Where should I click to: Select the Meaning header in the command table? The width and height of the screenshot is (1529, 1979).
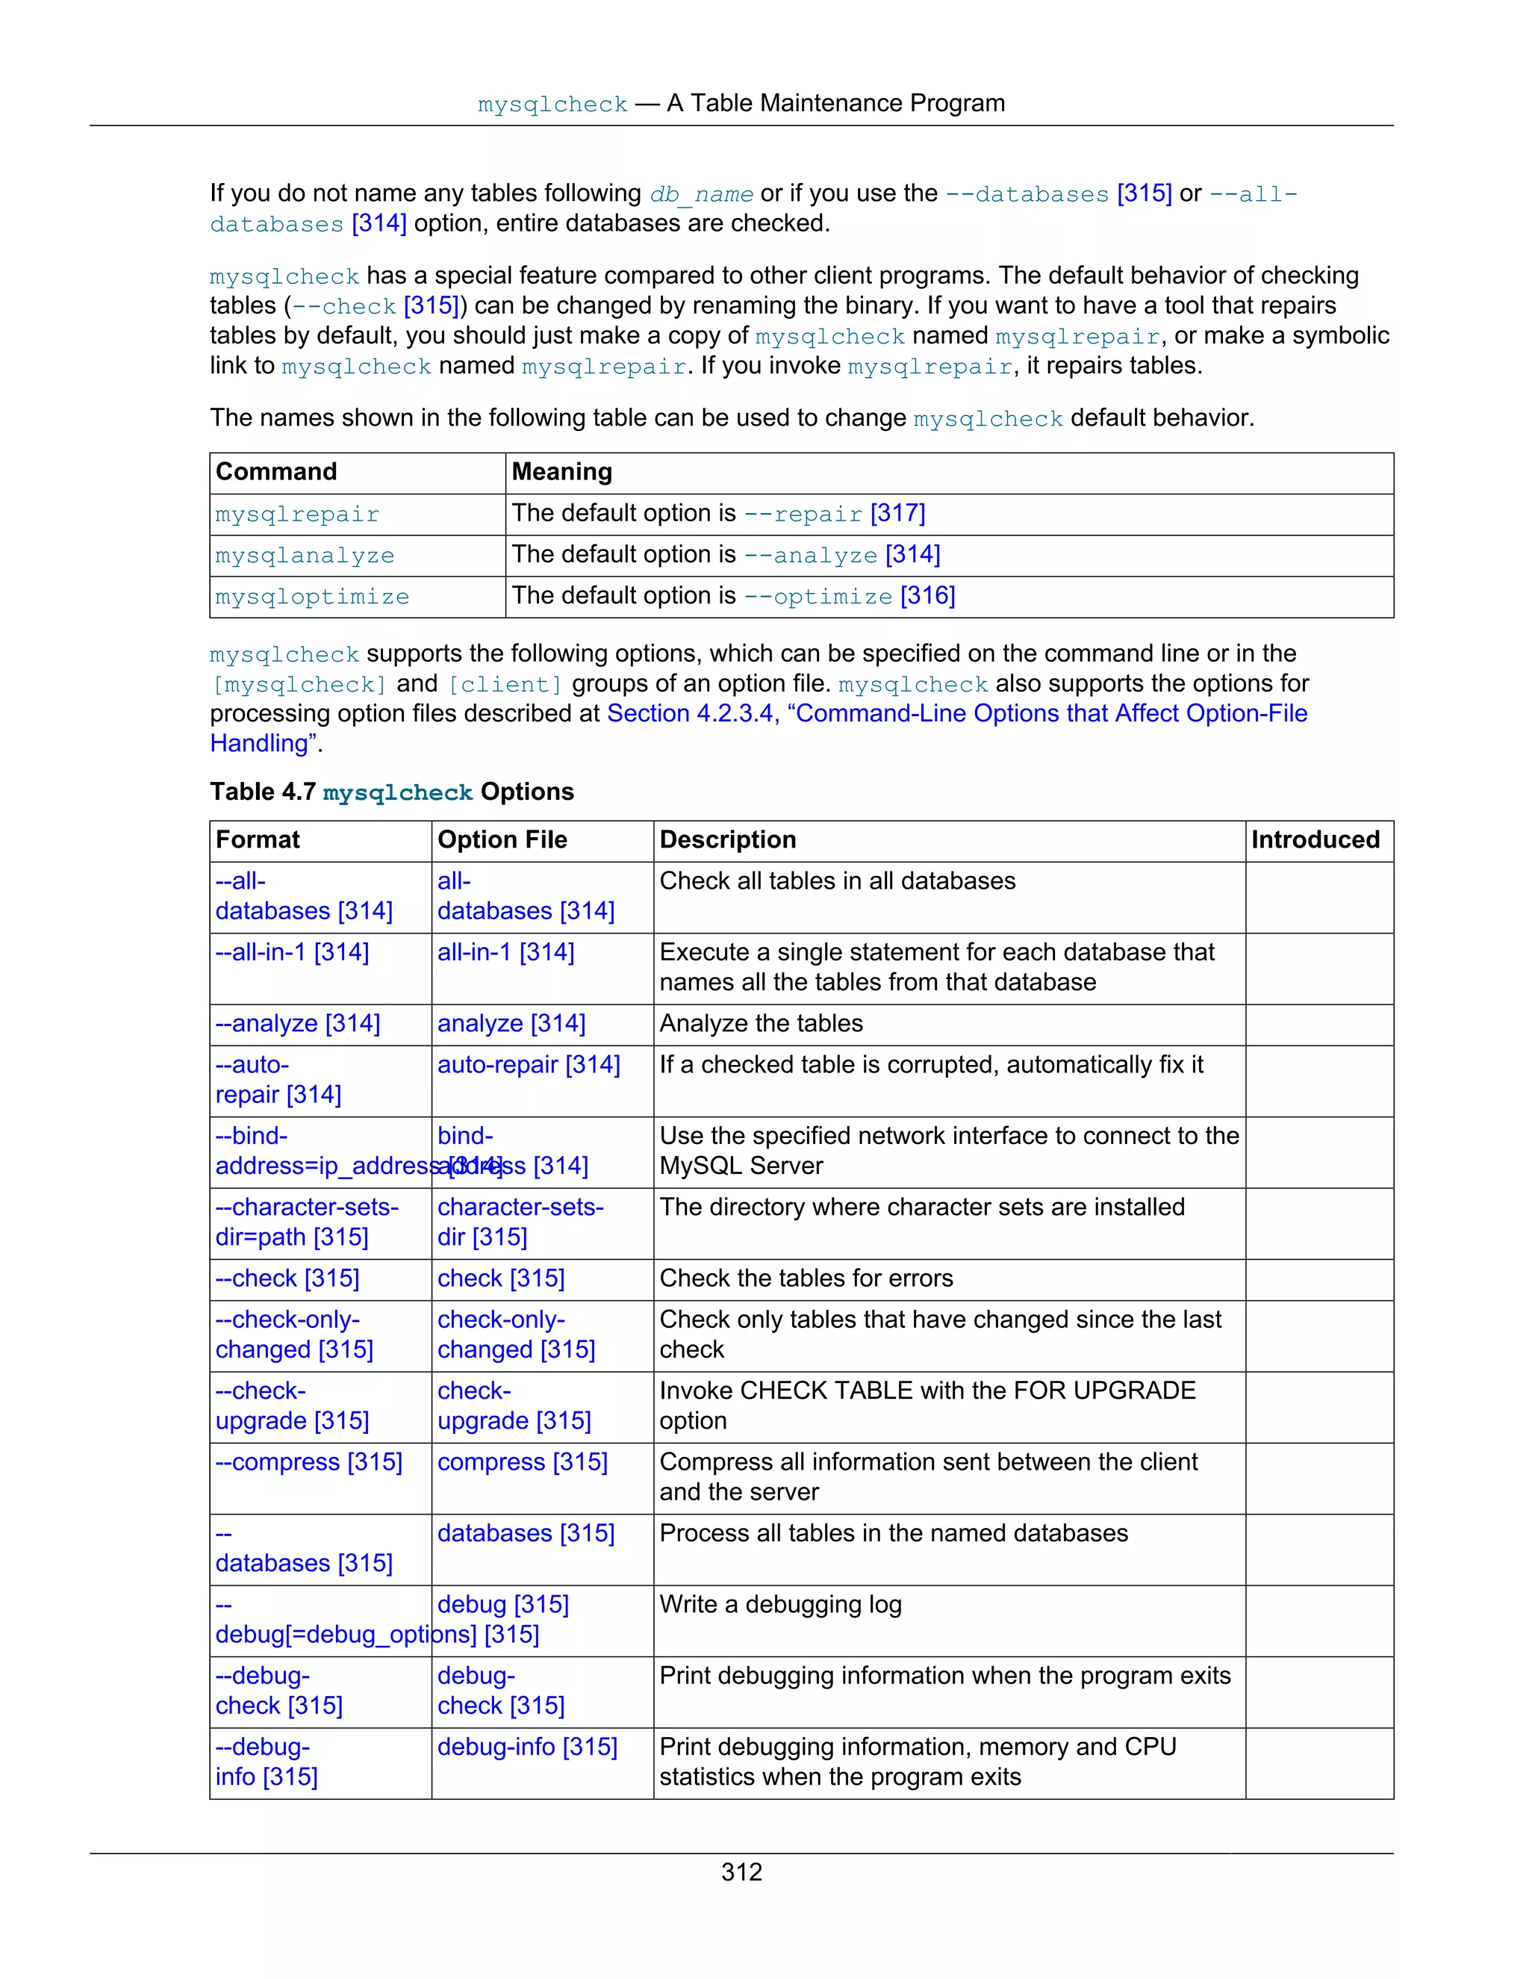[x=561, y=472]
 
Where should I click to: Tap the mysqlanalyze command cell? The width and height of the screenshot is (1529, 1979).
[x=305, y=556]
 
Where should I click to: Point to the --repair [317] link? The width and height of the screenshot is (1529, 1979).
[x=833, y=514]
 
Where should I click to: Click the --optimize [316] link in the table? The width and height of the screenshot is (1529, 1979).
[x=849, y=596]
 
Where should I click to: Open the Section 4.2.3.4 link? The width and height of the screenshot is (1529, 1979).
[x=956, y=714]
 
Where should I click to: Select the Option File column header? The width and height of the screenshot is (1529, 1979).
[x=502, y=840]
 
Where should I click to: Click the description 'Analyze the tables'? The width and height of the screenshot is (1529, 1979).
[x=761, y=1024]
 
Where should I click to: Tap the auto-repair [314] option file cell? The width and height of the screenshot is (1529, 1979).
[x=528, y=1065]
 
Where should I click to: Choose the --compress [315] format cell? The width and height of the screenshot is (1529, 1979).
[x=308, y=1462]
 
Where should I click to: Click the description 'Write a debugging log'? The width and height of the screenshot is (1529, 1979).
[x=780, y=1605]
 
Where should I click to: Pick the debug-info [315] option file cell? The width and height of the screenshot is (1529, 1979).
[x=526, y=1747]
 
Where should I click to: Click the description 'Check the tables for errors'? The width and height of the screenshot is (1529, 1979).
[x=806, y=1279]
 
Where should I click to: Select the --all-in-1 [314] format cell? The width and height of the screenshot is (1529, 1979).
[x=292, y=952]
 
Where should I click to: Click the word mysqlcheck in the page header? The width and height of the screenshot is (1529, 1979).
[x=552, y=105]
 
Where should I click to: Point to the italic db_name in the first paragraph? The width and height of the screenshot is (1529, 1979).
[x=701, y=194]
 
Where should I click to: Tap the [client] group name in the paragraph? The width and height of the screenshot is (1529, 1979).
[x=505, y=684]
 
